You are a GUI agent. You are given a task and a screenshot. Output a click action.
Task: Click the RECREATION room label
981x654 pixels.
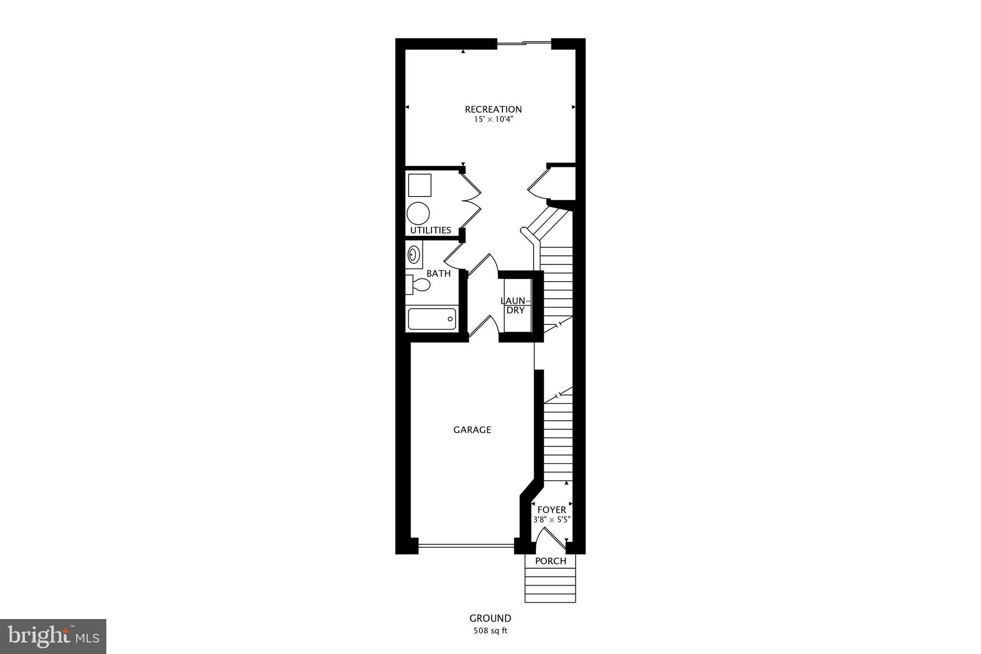pos(493,109)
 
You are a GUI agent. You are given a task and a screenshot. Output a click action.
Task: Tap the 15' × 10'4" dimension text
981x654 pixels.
pos(493,120)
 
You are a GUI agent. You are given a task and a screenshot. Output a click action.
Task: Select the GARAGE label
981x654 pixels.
pos(472,430)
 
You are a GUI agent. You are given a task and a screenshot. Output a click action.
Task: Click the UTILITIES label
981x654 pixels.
pos(430,230)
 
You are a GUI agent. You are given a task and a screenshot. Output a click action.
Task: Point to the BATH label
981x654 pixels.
pos(438,274)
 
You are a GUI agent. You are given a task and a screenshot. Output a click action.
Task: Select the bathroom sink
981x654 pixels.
pos(413,254)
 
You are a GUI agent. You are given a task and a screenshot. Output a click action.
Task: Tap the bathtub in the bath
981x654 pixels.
pos(432,319)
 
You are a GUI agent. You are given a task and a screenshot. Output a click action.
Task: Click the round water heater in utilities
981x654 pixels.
pos(418,213)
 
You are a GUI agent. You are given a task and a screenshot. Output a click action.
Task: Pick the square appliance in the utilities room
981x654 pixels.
pos(420,185)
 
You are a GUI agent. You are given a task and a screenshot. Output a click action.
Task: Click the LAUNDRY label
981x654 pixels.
pos(516,305)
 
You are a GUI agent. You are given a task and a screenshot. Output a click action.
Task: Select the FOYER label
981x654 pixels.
pos(551,510)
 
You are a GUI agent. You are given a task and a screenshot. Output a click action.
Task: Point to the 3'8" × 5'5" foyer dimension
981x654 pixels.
pos(551,519)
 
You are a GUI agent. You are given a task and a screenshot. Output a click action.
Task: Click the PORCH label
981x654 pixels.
pos(550,561)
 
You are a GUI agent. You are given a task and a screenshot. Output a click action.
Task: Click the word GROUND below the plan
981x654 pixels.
pos(490,618)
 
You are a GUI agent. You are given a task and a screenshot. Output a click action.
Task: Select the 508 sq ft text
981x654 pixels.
pos(490,631)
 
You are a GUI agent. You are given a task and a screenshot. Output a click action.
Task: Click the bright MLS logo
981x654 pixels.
pos(53,636)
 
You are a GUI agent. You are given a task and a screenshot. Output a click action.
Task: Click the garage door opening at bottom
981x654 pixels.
pos(466,545)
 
